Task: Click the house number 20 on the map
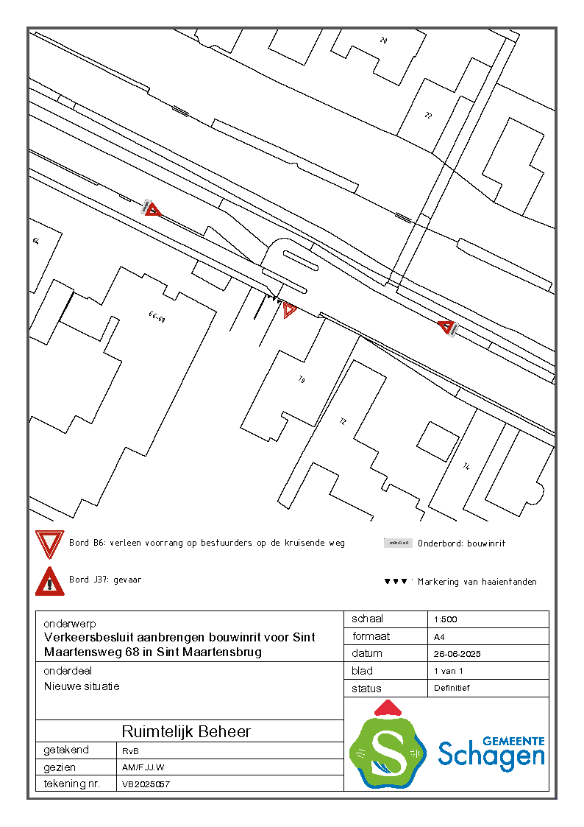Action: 383,41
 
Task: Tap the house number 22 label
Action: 428,116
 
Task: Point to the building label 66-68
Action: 157,317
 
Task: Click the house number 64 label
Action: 35,241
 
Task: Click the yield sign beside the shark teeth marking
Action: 289,310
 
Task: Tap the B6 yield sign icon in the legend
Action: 50,544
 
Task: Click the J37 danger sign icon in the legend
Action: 50,581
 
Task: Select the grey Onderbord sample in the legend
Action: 398,543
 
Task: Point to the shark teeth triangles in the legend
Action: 396,582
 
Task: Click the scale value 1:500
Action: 446,619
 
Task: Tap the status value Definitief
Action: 452,688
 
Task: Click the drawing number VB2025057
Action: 146,784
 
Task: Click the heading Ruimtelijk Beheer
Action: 186,731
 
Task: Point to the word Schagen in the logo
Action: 491,756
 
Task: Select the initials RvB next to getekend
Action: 130,750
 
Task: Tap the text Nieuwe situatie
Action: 82,686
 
